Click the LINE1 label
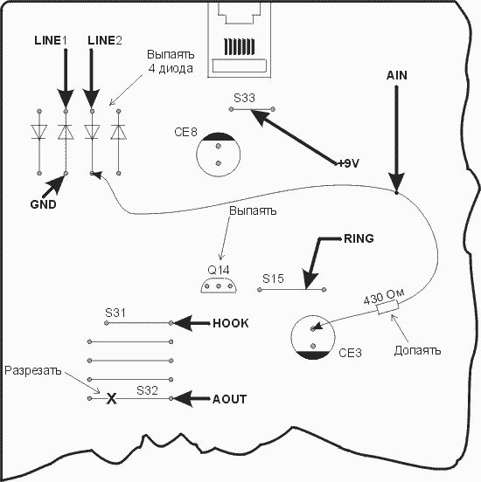[x=51, y=40]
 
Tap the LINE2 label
[x=105, y=40]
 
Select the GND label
[x=43, y=204]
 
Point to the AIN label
[x=397, y=75]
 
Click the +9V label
[x=348, y=163]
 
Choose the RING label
[x=359, y=238]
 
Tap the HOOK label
[x=231, y=323]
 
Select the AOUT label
[x=230, y=399]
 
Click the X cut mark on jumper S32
[x=111, y=399]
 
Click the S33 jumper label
[x=244, y=98]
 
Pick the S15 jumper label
[x=273, y=279]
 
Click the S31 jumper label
[x=115, y=313]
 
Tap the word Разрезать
[x=33, y=371]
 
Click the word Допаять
[x=417, y=350]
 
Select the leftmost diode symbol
[x=39, y=132]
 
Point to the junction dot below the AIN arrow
[x=396, y=193]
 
